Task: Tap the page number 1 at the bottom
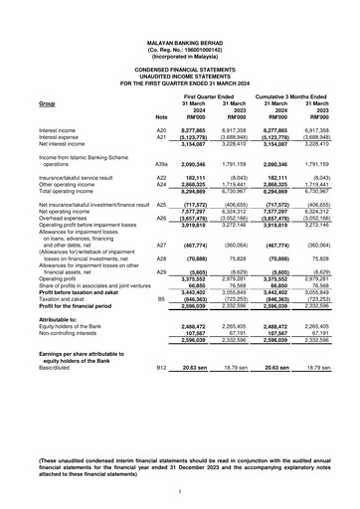pyautogui.click(x=180, y=491)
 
